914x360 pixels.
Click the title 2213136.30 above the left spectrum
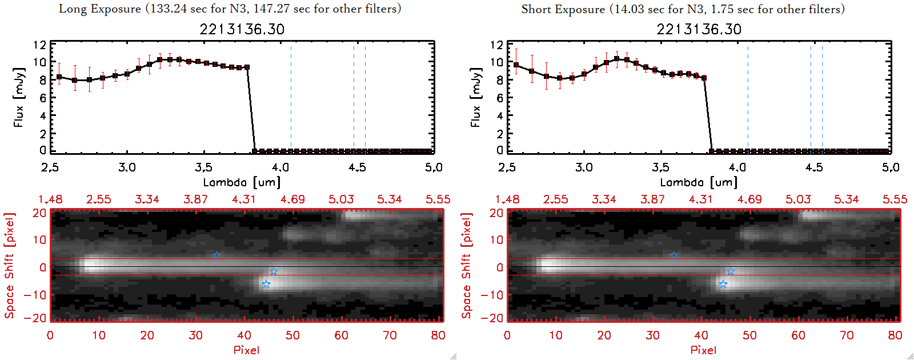[242, 29]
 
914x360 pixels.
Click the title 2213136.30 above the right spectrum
[699, 29]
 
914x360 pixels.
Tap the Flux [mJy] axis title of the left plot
[19, 97]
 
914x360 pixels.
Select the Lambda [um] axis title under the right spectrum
[699, 182]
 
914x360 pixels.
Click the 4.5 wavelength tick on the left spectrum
[357, 167]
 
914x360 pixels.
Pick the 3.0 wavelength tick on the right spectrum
[584, 167]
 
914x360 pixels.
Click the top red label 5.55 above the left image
[438, 199]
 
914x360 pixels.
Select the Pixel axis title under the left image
[246, 350]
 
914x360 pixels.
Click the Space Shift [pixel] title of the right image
[467, 265]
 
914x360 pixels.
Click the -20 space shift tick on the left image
[39, 318]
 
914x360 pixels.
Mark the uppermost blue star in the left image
[217, 255]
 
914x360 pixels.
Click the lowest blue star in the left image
[266, 284]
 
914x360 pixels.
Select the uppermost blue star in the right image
[674, 255]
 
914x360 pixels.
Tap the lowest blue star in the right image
[723, 284]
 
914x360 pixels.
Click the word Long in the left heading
[71, 9]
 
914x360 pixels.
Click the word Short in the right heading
[535, 9]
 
